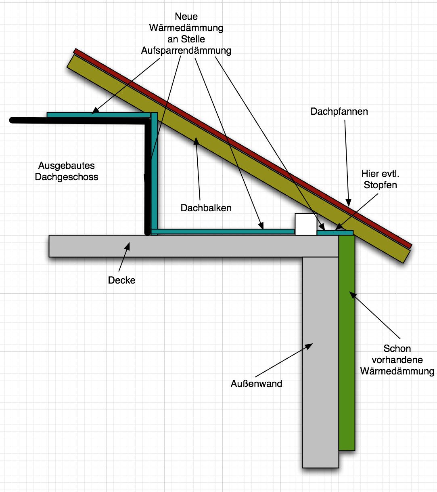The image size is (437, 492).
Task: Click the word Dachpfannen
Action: pyautogui.click(x=339, y=111)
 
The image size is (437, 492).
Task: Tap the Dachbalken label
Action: pyautogui.click(x=206, y=208)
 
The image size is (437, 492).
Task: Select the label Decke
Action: pyautogui.click(x=121, y=280)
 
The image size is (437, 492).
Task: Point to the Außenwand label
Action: pyautogui.click(x=256, y=384)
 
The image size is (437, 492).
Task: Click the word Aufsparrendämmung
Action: pyautogui.click(x=186, y=50)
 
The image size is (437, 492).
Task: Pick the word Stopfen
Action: pyautogui.click(x=380, y=185)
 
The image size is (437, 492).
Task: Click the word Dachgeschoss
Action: pyautogui.click(x=66, y=177)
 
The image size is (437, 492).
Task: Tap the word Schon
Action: pyautogui.click(x=397, y=349)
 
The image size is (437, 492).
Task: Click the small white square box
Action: pyautogui.click(x=306, y=224)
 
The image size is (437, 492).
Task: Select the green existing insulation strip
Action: pyautogui.click(x=347, y=343)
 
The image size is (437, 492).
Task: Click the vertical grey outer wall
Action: pyautogui.click(x=320, y=364)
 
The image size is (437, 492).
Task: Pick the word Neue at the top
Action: pyautogui.click(x=186, y=17)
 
